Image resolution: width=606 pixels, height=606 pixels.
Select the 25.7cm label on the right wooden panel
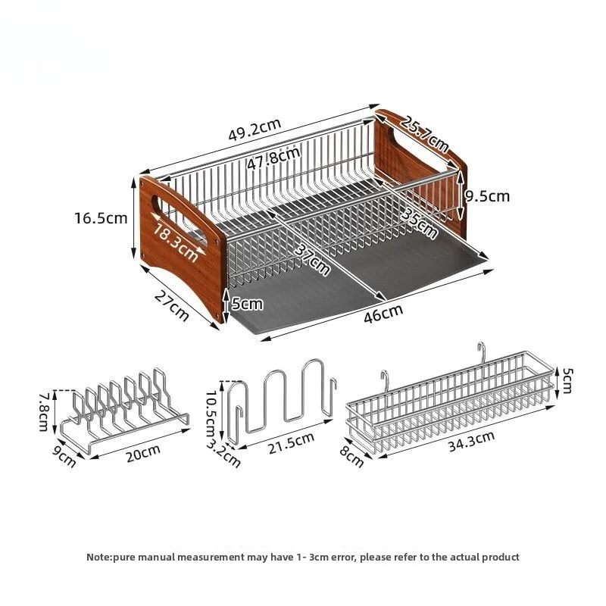425,132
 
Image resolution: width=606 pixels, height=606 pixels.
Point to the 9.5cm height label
487,196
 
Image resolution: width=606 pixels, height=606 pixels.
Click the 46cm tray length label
383,310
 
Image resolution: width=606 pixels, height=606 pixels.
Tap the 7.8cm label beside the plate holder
45,411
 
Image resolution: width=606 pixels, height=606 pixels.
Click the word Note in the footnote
98,557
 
